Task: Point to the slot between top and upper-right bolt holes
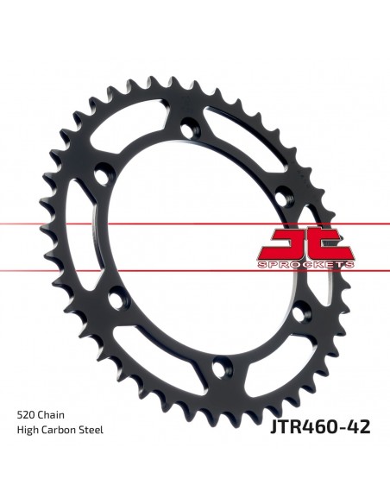[247, 137]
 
